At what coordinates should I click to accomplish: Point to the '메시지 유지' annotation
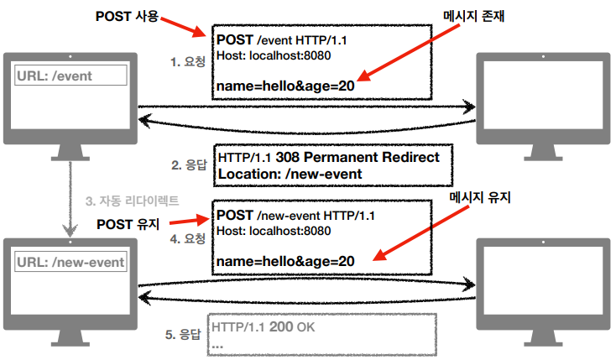[480, 197]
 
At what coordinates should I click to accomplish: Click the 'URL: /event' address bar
[71, 76]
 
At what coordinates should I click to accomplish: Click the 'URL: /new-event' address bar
[71, 262]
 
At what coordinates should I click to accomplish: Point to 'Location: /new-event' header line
[290, 174]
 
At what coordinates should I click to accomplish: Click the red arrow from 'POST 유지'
[185, 222]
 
